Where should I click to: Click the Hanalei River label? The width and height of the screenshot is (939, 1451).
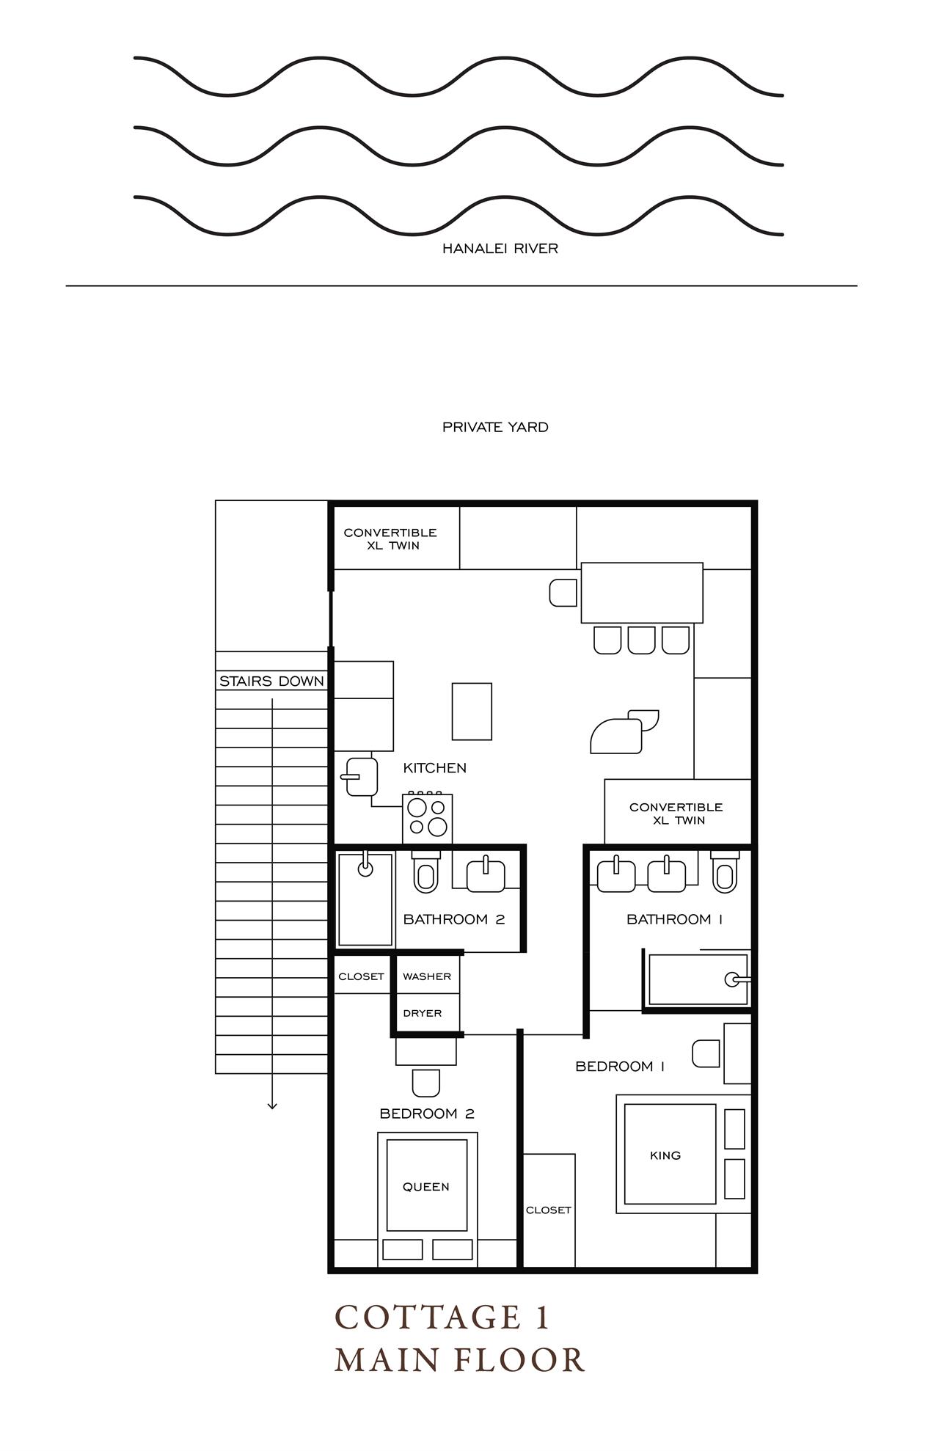(500, 249)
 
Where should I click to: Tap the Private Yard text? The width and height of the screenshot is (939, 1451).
(495, 427)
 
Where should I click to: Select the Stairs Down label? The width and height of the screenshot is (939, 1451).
(271, 681)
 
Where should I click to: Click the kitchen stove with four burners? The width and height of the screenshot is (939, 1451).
(428, 817)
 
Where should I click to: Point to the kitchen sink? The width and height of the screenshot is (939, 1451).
(361, 777)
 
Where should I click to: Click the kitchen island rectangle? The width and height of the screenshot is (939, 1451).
(472, 712)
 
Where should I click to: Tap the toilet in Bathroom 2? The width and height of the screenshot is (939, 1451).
(425, 873)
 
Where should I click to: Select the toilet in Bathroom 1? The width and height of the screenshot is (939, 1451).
(725, 873)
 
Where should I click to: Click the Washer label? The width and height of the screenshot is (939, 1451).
(426, 976)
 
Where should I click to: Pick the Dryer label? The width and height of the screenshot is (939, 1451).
(423, 1013)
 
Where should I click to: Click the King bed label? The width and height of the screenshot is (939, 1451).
(665, 1155)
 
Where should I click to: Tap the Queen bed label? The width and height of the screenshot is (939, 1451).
(425, 1186)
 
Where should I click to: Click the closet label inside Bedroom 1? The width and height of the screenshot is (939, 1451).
(548, 1210)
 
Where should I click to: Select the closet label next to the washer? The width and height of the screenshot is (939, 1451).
(361, 976)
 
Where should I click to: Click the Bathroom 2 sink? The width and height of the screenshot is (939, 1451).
(486, 875)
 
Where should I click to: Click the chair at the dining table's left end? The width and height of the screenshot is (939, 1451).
(563, 593)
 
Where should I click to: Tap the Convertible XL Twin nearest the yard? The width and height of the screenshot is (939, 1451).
(390, 538)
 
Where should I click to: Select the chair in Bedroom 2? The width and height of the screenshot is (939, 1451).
(426, 1083)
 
